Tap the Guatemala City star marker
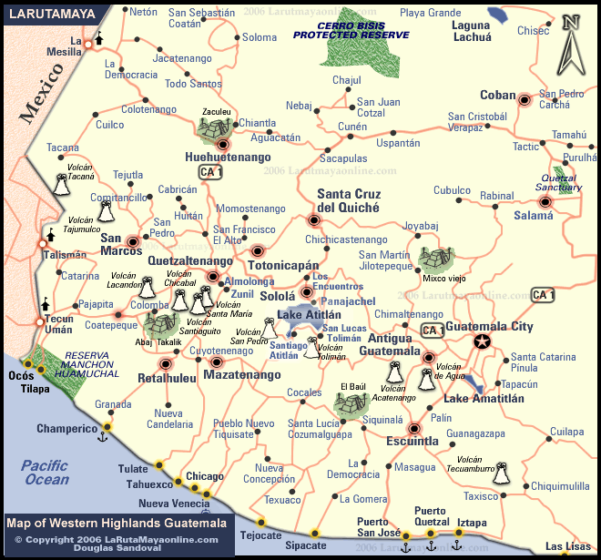click(482, 342)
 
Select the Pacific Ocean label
click(46, 473)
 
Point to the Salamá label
click(534, 216)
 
